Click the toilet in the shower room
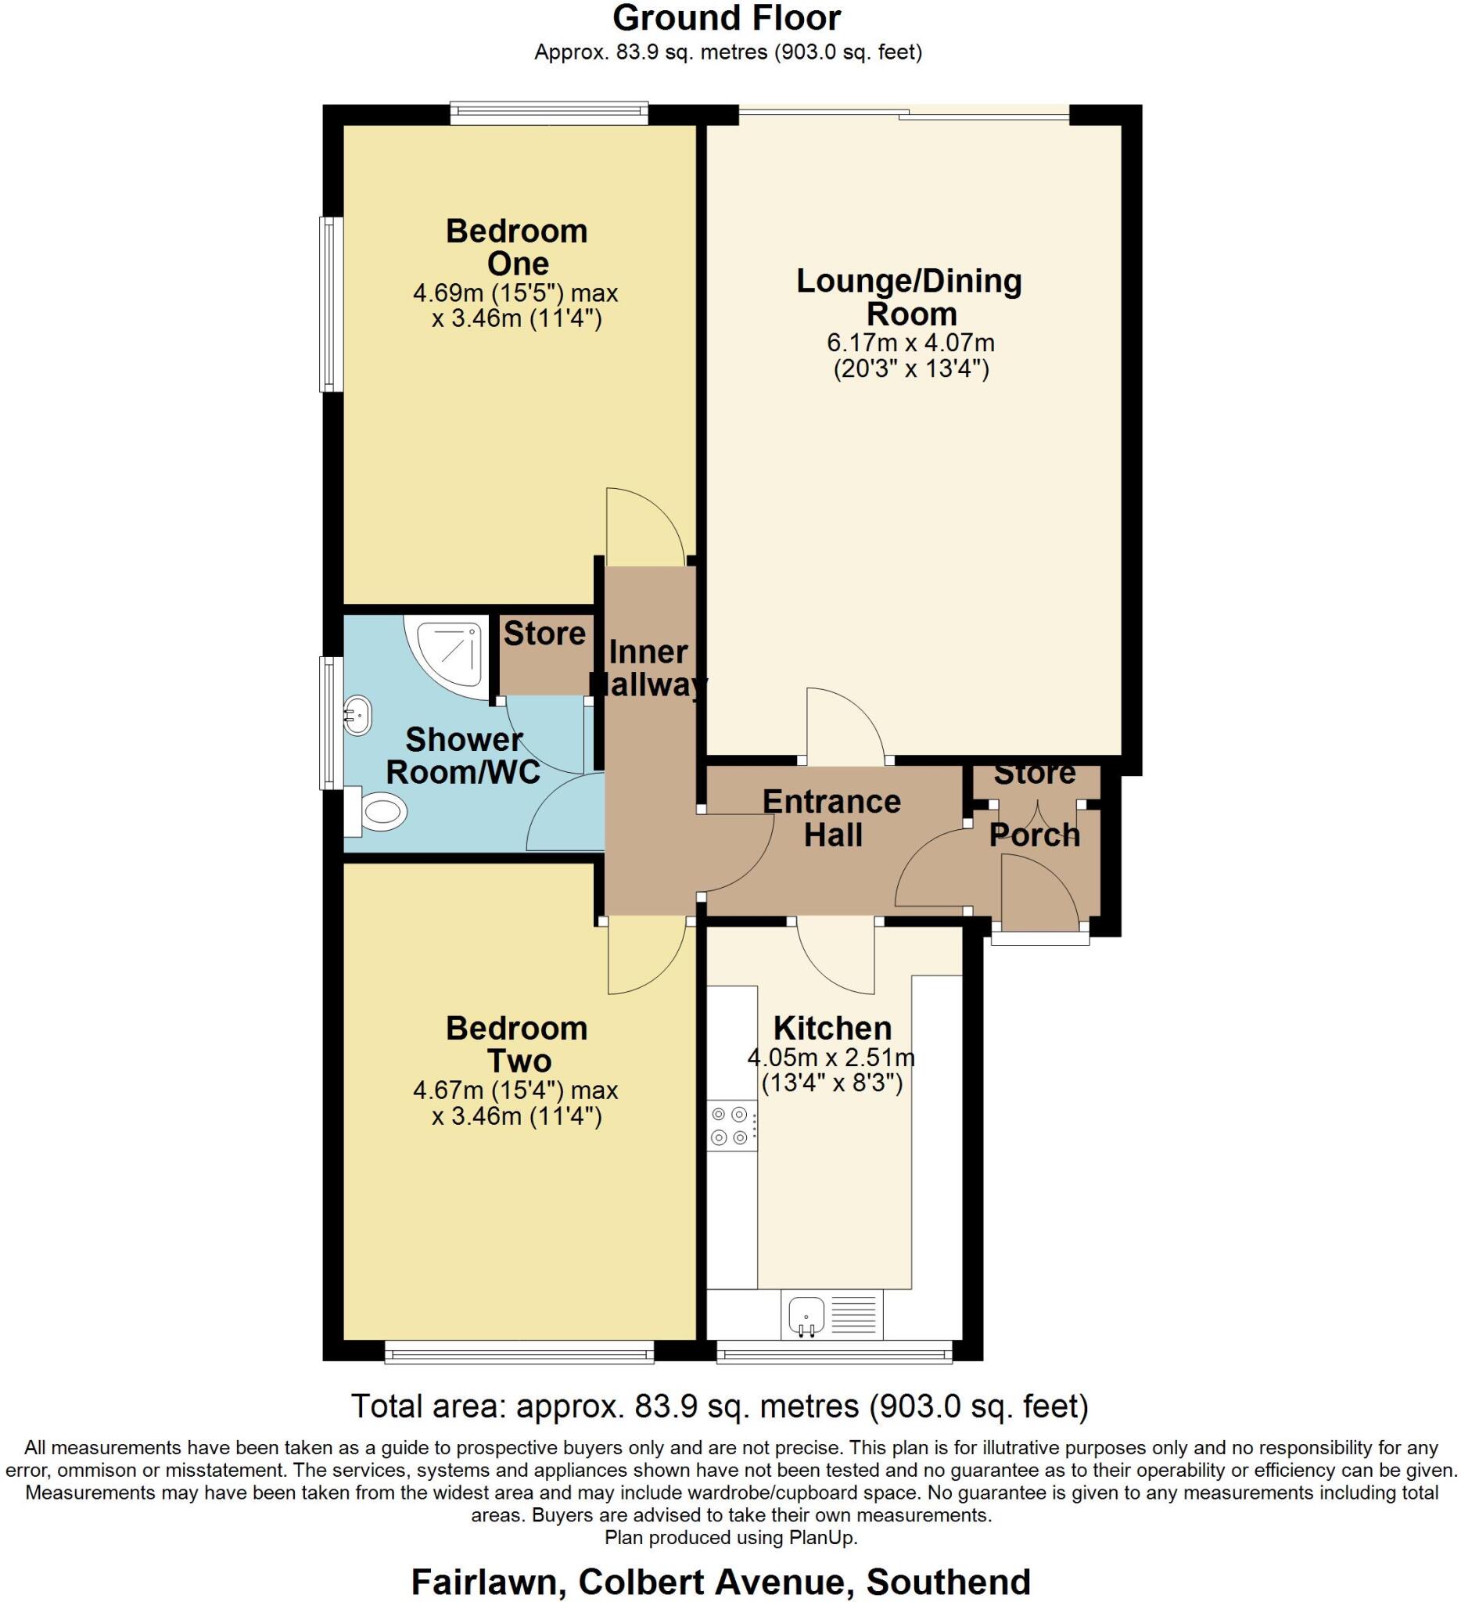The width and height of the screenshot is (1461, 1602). coord(380,812)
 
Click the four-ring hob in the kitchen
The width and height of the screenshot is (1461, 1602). coord(731,1125)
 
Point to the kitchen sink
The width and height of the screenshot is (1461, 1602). coord(807,1313)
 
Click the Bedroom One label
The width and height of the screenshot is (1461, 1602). coord(516,247)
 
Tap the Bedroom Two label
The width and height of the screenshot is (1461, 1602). coord(516,1044)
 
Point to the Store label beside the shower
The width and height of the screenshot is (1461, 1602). coord(544,634)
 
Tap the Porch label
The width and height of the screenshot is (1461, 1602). coord(1035,835)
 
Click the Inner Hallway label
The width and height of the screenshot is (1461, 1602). coord(648,667)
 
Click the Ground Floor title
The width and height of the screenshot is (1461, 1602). coord(727,18)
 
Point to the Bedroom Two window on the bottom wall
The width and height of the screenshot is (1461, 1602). coord(519,1352)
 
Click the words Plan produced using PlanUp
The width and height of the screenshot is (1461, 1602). coord(731,1537)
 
